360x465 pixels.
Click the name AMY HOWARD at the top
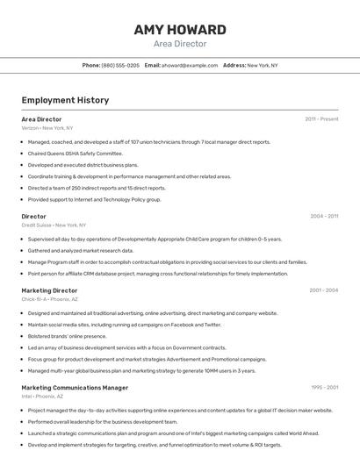tap(180, 30)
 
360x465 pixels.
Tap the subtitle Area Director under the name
tap(180, 44)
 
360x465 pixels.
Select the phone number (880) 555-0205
tap(120, 66)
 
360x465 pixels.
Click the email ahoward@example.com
tap(191, 66)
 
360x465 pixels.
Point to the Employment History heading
tap(65, 100)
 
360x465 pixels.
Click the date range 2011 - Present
tap(321, 119)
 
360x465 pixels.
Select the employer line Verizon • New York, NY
tap(47, 128)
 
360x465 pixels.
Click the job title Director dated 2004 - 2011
tap(33, 216)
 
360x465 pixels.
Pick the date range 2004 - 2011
tap(324, 216)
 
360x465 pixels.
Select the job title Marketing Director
tap(49, 290)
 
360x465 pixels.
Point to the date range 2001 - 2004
tap(323, 290)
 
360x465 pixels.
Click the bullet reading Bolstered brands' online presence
tap(67, 336)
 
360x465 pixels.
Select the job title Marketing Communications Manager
tap(75, 387)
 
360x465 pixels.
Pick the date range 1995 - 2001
tap(324, 387)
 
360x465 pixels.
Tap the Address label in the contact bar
tap(234, 66)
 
